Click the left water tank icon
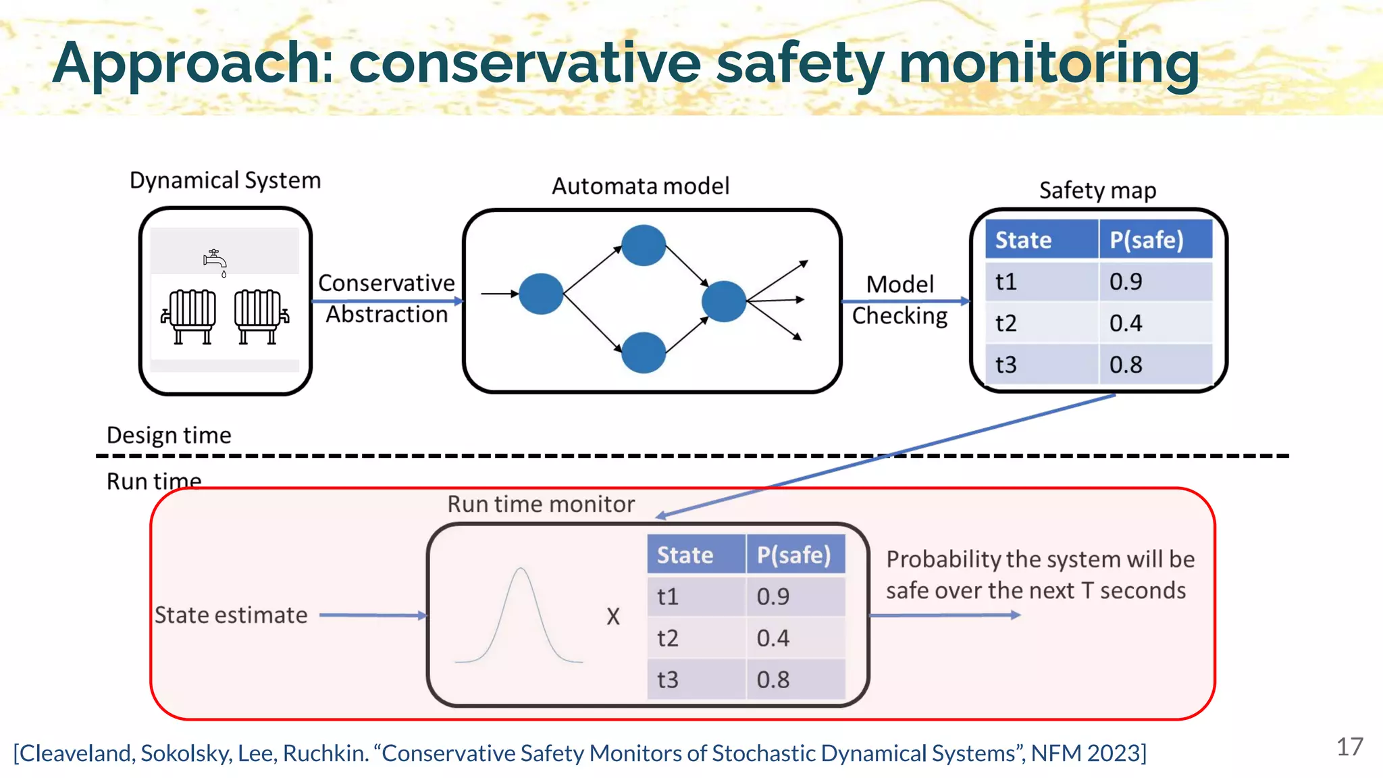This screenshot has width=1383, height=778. click(191, 316)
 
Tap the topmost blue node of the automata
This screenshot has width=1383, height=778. click(643, 245)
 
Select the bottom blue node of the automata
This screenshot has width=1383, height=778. click(643, 353)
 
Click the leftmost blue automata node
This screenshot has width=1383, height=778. click(541, 294)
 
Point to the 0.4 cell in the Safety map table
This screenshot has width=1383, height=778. click(1126, 323)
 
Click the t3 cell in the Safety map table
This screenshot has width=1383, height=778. click(1006, 365)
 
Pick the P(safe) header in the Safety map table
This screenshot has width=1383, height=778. click(1147, 240)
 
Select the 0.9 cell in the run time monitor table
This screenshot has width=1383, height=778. click(773, 596)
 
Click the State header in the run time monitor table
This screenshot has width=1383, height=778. click(685, 555)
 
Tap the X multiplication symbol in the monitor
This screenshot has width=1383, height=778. click(612, 617)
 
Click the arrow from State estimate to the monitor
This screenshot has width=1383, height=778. click(373, 615)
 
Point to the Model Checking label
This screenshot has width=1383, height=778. click(899, 300)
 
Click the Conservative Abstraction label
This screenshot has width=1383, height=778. click(386, 299)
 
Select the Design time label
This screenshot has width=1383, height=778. click(169, 435)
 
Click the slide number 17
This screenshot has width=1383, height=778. click(1349, 747)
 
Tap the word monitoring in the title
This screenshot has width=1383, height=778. click(1049, 63)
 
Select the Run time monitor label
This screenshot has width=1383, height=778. click(541, 504)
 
